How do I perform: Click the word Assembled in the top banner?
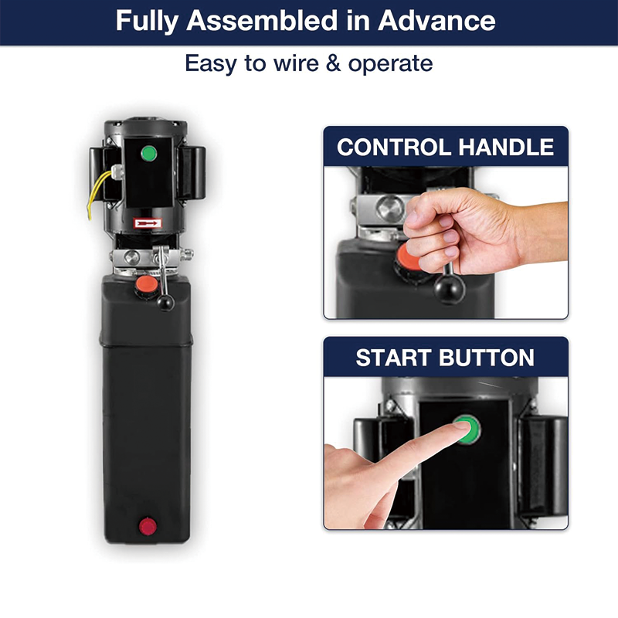pos(262,21)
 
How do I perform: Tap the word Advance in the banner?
pos(436,21)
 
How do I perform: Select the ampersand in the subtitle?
pos(334,63)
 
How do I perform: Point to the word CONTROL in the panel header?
pos(394,147)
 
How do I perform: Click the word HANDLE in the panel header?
pos(506,147)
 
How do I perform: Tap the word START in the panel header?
pos(394,358)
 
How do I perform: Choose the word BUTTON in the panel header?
pos(487,358)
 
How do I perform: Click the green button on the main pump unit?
pos(149,153)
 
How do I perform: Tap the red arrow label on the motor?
pos(148,223)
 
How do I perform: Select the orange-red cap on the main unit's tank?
pos(147,284)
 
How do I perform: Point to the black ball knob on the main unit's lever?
pos(165,303)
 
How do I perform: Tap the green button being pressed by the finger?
pos(468,430)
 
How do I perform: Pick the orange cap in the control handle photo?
pos(409,256)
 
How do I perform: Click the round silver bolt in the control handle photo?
pos(389,208)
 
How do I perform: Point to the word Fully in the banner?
pos(147,22)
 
